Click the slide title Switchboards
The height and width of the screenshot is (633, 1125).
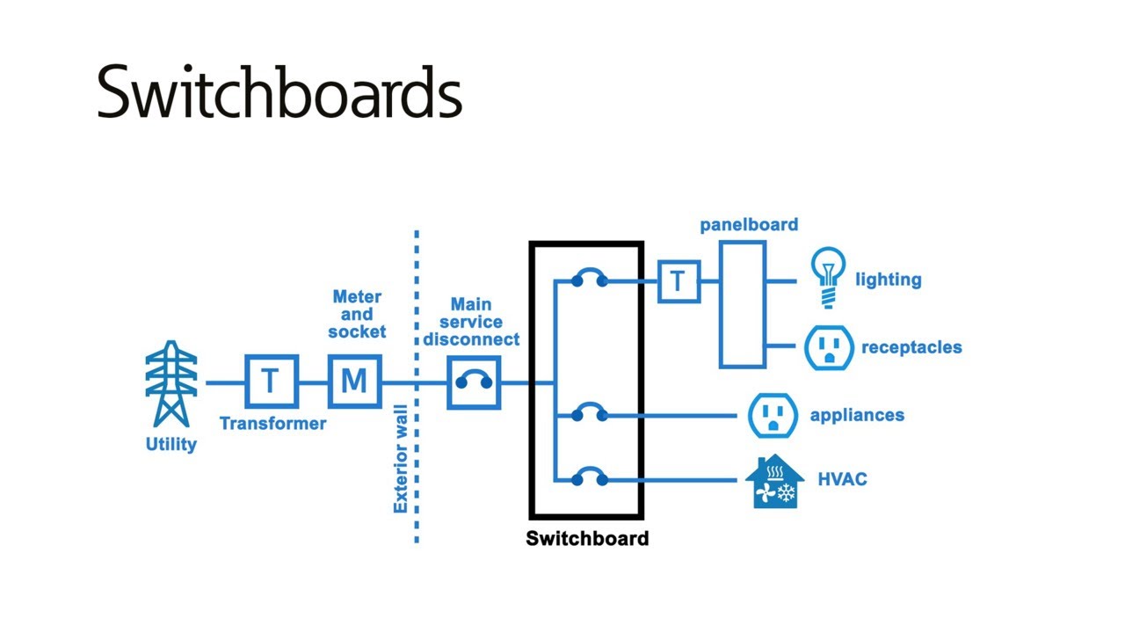point(279,91)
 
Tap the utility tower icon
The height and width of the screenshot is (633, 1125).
point(171,384)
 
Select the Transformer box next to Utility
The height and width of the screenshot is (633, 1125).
point(271,382)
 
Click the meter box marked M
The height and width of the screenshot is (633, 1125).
point(354,382)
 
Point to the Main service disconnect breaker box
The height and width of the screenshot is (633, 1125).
point(474,382)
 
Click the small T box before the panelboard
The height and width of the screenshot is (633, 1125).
point(679,281)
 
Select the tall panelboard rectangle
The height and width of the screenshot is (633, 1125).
point(743,305)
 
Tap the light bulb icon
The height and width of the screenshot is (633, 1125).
point(827,276)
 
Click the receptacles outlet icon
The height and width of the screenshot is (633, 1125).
point(829,347)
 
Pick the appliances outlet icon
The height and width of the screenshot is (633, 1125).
point(773,415)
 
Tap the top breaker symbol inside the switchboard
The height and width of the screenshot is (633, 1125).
point(589,280)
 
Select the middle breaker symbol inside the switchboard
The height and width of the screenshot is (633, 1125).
point(589,413)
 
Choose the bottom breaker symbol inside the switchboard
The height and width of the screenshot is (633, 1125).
point(589,478)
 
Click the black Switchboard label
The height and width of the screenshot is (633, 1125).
point(587,538)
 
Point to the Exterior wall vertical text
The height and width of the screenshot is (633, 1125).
point(400,459)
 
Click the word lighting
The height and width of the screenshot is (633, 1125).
point(888,280)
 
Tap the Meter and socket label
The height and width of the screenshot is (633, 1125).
point(357,315)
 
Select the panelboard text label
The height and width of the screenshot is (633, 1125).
point(749,225)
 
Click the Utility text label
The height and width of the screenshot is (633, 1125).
point(171,444)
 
